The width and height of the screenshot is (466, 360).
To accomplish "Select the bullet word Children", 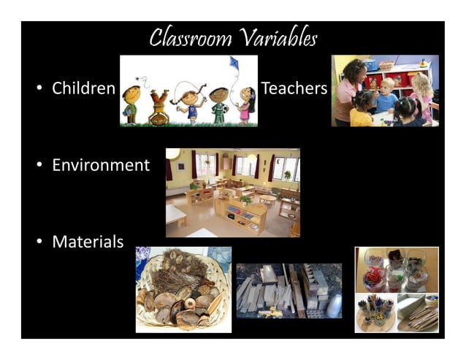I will click(83, 89).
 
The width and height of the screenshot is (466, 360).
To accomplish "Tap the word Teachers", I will click(294, 89).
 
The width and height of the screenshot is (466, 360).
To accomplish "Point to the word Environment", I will click(100, 165).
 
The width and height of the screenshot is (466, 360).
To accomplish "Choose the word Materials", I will click(88, 242).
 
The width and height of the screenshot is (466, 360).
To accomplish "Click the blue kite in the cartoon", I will click(234, 64).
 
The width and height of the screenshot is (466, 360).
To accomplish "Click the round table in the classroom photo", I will click(267, 199).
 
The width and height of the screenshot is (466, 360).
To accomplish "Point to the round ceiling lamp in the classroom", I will click(173, 153).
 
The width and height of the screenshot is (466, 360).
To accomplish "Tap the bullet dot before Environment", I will click(39, 166).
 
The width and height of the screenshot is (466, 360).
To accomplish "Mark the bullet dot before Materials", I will click(39, 242).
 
